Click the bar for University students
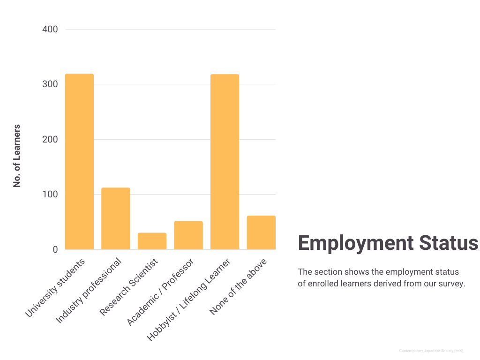pyautogui.click(x=79, y=162)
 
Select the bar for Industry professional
pyautogui.click(x=116, y=218)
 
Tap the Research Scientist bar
pyautogui.click(x=152, y=241)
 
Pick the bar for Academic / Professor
pyautogui.click(x=188, y=235)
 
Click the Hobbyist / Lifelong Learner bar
pyautogui.click(x=225, y=162)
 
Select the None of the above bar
pyautogui.click(x=261, y=232)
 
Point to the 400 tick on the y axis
pyautogui.click(x=50, y=30)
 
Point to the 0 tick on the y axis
pyautogui.click(x=55, y=250)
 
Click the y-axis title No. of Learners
pyautogui.click(x=17, y=156)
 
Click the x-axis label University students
pyautogui.click(x=55, y=287)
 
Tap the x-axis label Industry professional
pyautogui.click(x=89, y=291)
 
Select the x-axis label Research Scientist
pyautogui.click(x=129, y=286)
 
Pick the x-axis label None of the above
pyautogui.click(x=239, y=286)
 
